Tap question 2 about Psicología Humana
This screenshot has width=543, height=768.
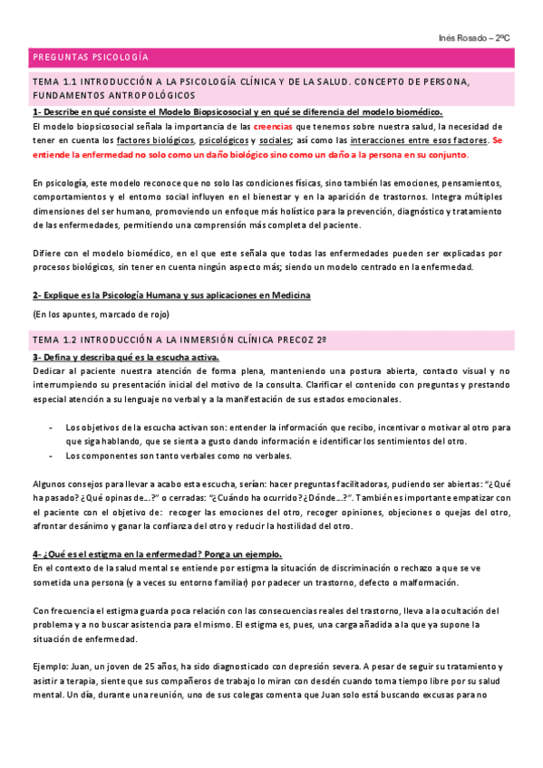pos(171,295)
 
